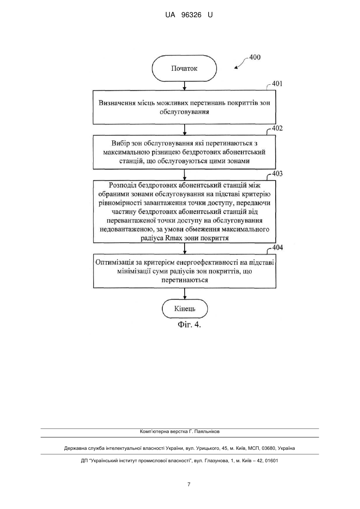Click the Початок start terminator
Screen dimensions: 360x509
(x=184, y=68)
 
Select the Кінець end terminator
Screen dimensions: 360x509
(x=185, y=309)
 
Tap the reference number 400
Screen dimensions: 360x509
(x=255, y=57)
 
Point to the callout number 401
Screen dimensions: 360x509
(x=277, y=84)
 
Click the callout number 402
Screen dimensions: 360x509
(x=277, y=128)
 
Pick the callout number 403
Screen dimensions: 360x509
(x=277, y=174)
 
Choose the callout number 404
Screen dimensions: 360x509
(x=278, y=248)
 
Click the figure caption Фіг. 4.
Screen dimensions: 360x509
(x=189, y=325)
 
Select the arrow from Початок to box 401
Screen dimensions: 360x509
(x=185, y=86)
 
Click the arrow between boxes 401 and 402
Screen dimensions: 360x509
(x=185, y=130)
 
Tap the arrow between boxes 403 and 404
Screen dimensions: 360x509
(x=185, y=248)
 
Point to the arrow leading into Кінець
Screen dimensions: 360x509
(x=185, y=293)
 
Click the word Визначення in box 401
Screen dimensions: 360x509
(x=117, y=103)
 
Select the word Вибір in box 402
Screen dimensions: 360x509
(x=121, y=144)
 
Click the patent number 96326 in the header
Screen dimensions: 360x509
(x=191, y=15)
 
